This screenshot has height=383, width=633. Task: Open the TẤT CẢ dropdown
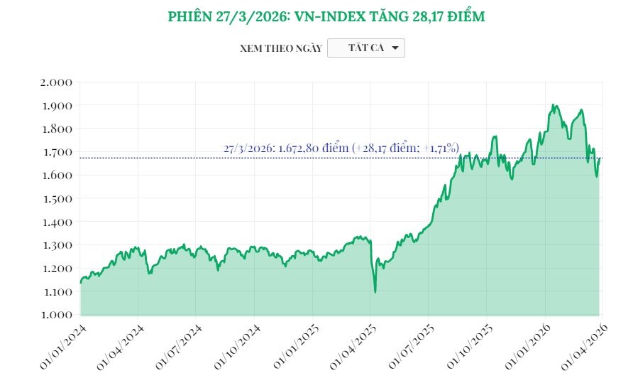366,48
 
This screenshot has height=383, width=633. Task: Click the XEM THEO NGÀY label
281,48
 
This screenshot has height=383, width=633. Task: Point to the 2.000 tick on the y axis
57,82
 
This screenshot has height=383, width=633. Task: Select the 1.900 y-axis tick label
57,106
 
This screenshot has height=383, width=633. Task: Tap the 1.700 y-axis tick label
57,152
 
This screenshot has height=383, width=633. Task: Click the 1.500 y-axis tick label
57,198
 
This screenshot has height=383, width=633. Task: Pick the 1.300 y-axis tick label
57,245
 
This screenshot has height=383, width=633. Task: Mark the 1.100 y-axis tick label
57,291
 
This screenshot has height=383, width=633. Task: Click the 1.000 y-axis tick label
57,315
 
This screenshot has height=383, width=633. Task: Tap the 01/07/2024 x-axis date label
179,346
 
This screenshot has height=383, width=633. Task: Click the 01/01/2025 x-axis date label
295,346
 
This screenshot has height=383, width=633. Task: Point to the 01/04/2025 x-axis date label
353,346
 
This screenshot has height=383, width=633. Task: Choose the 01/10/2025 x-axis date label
469,346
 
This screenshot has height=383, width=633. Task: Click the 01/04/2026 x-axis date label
585,346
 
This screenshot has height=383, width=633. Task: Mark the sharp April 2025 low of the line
375,291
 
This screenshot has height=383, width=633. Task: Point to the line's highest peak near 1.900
553,105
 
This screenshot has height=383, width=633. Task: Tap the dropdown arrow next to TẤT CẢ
395,48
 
